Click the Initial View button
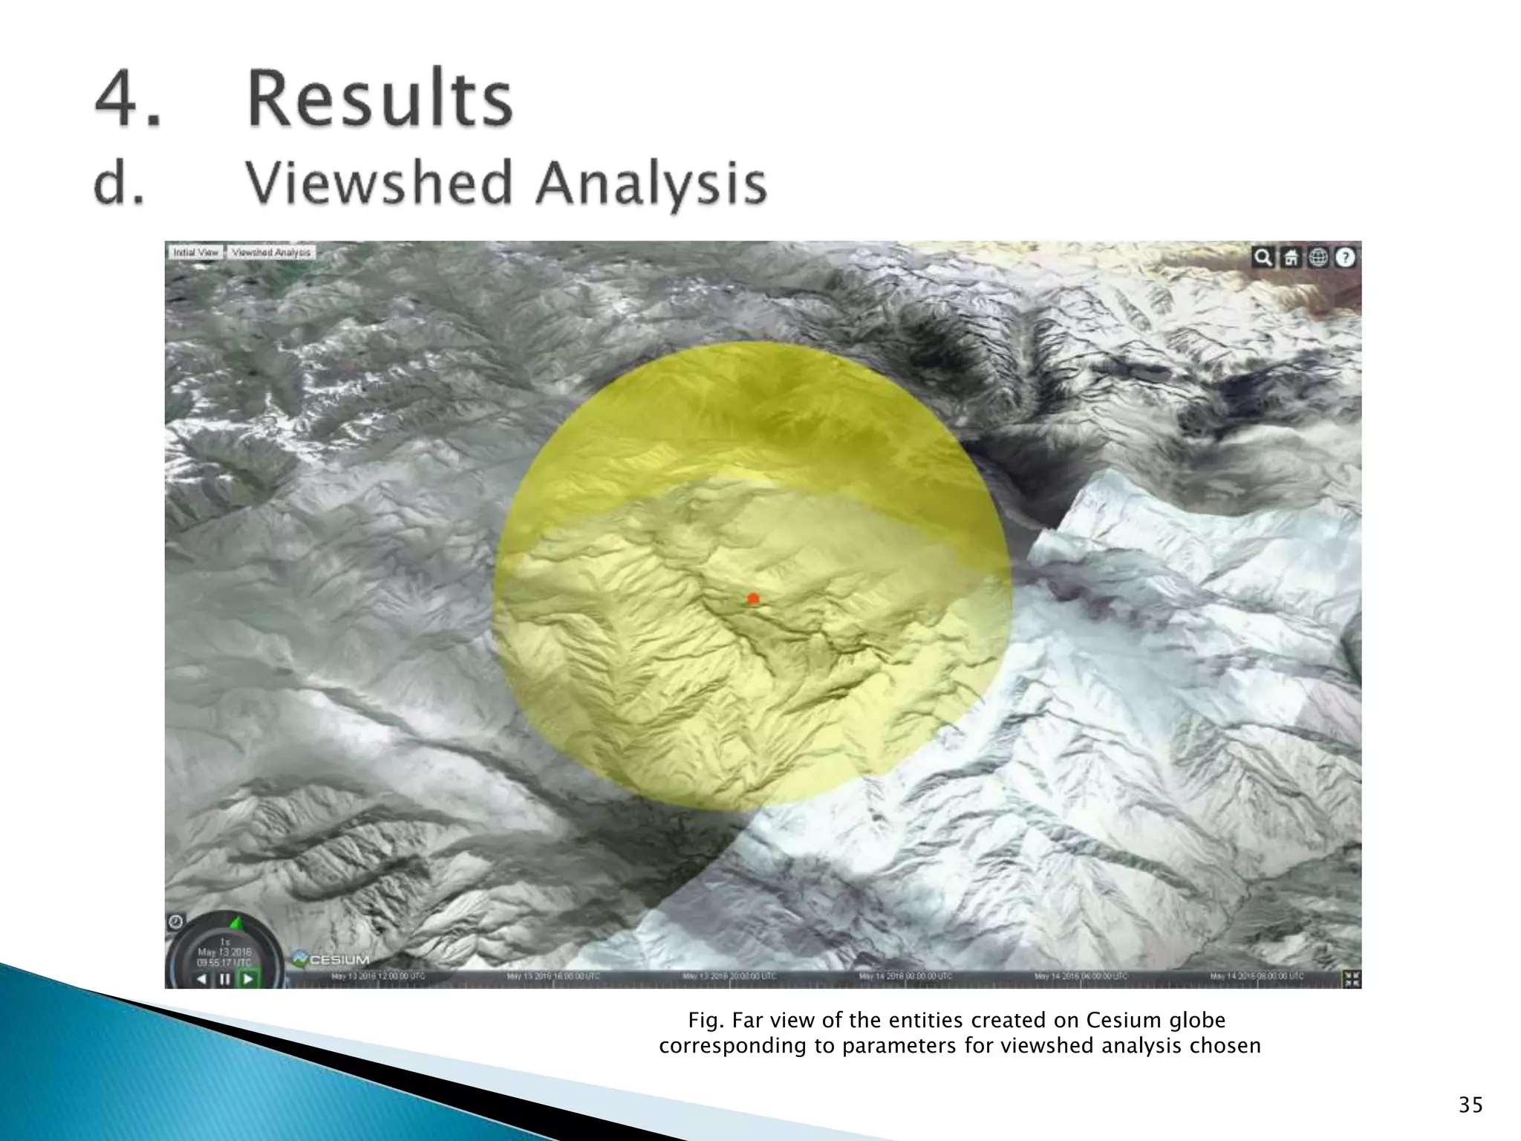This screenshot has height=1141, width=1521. tap(195, 253)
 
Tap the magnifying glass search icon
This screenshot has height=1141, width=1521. tap(1262, 258)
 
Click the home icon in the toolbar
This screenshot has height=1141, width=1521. tap(1291, 258)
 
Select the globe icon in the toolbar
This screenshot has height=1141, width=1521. tap(1318, 258)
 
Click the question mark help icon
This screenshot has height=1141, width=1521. tap(1346, 258)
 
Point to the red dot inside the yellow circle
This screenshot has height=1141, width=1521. tap(753, 598)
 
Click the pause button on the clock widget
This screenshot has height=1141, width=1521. tap(224, 979)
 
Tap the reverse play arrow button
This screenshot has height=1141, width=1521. tap(201, 979)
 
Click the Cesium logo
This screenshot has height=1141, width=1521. tap(331, 960)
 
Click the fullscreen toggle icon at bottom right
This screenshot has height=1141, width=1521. tap(1352, 978)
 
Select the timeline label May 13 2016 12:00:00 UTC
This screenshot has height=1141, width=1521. tap(378, 976)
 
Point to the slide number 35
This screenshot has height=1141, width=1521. tap(1470, 1105)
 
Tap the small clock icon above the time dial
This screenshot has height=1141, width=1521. tap(175, 922)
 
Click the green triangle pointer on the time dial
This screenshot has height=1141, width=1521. tap(236, 923)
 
